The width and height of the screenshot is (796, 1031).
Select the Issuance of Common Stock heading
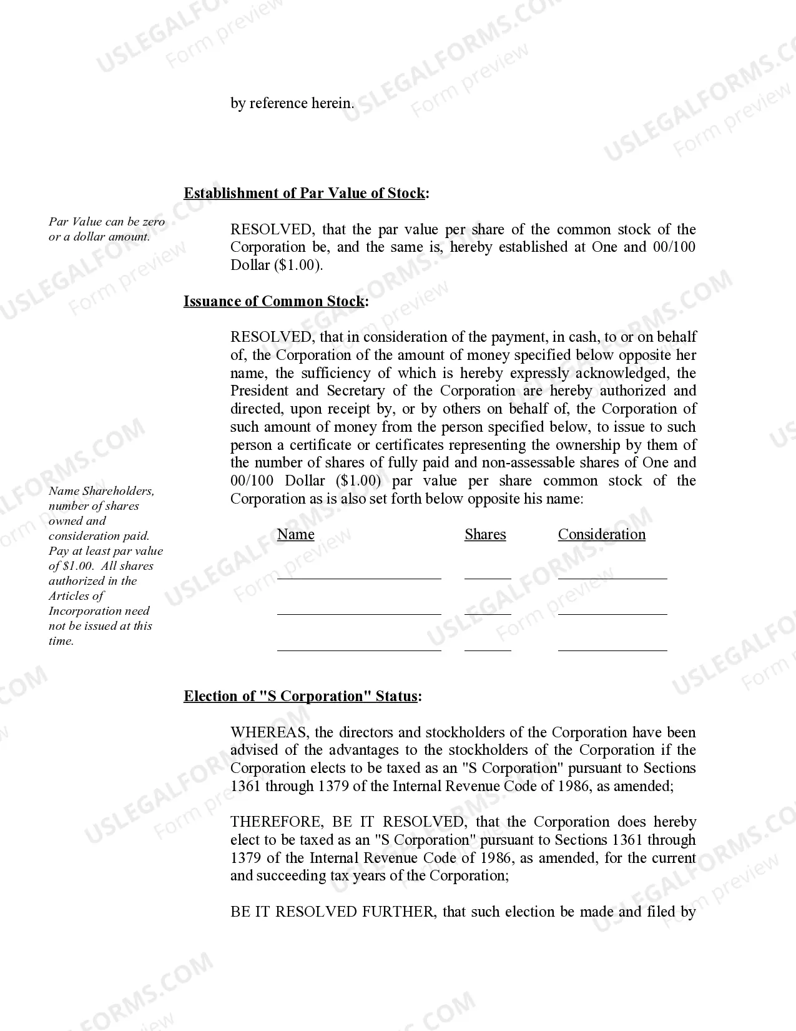point(275,301)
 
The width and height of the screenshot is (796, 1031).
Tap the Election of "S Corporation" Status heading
point(302,696)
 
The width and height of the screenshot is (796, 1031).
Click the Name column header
point(295,534)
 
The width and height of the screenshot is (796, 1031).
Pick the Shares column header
point(485,534)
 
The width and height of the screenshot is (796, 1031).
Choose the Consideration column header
point(601,534)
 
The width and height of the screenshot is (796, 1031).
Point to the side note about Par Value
point(107,229)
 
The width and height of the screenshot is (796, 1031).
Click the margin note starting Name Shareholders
point(105,565)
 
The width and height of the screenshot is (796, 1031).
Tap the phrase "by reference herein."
point(292,103)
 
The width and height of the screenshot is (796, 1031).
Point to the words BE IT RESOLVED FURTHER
point(332,912)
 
